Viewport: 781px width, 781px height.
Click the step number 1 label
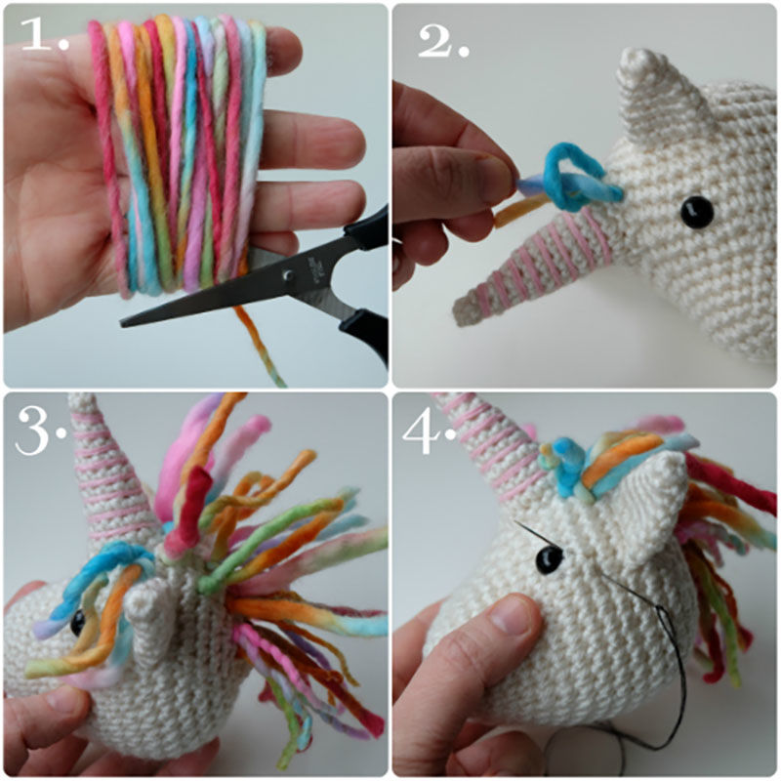click(44, 36)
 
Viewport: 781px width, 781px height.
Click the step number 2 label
click(443, 41)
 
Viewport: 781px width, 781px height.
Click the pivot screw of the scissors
click(287, 274)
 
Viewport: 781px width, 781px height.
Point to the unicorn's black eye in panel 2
click(696, 212)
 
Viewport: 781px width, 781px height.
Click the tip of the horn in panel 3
click(81, 398)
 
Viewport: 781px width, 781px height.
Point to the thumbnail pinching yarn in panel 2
click(493, 176)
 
